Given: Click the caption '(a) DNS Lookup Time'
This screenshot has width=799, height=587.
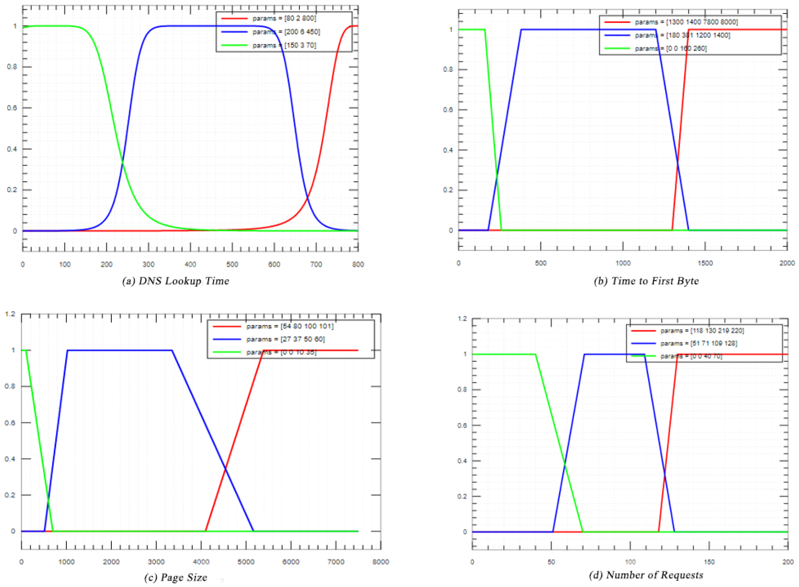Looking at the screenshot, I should click(x=175, y=281).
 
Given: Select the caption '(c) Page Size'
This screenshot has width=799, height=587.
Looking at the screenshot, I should click(x=175, y=577).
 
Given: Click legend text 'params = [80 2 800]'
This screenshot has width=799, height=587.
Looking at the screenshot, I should click(x=284, y=18).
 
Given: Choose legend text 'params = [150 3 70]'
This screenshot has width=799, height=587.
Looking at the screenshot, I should click(x=284, y=45).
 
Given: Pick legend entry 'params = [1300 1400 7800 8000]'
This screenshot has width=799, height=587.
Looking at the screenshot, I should click(x=686, y=22).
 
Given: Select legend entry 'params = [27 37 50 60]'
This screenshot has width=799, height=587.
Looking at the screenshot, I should click(x=285, y=339).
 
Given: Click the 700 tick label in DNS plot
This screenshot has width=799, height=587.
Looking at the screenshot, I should click(x=316, y=264).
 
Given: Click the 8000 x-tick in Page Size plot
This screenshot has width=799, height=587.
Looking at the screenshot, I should click(x=380, y=562).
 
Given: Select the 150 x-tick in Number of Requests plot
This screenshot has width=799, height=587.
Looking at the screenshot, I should click(x=709, y=562).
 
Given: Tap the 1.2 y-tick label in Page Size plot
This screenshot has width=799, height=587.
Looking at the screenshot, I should click(x=11, y=314).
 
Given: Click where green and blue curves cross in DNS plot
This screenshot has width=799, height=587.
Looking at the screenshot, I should click(x=122, y=162).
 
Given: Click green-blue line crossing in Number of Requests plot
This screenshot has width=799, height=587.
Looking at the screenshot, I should click(x=564, y=463).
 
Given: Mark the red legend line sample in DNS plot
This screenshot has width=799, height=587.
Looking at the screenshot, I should click(x=234, y=18).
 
